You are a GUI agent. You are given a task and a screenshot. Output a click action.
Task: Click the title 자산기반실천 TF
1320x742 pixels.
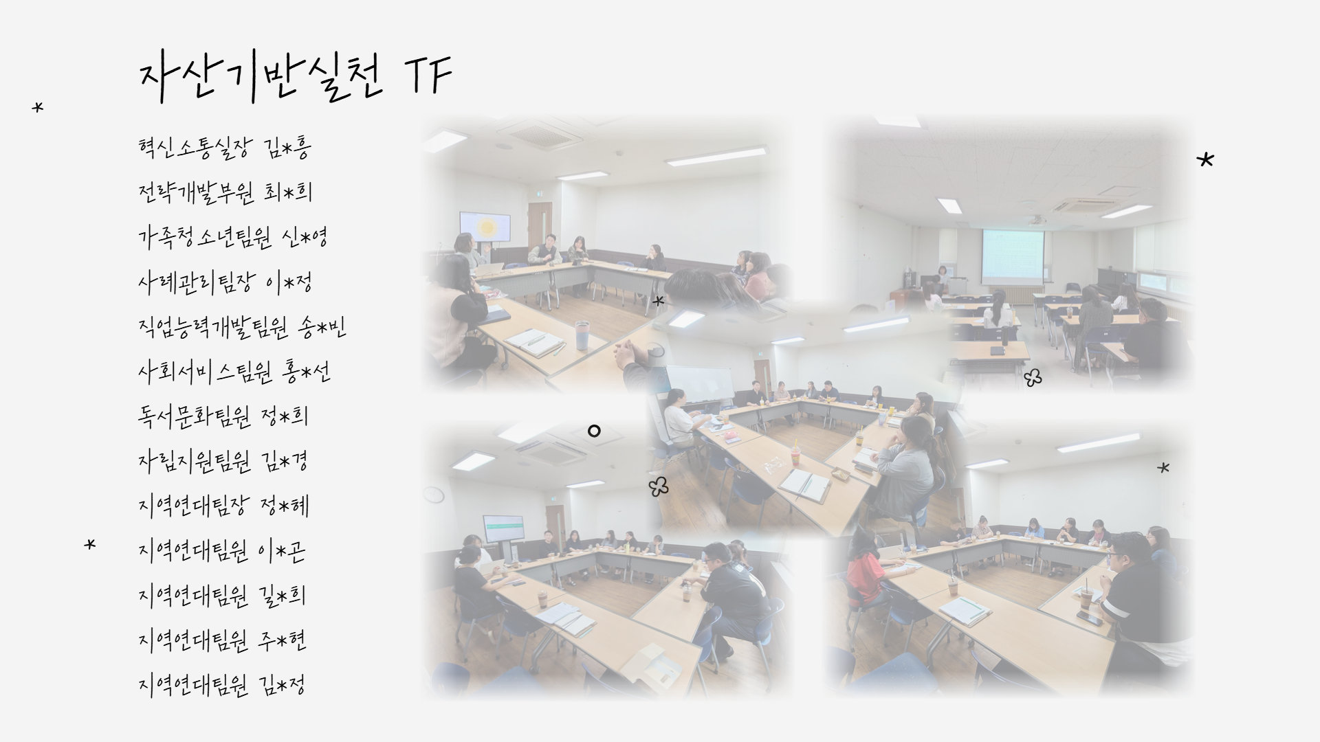296,78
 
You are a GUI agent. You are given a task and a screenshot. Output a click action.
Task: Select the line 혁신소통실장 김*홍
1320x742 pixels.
225,147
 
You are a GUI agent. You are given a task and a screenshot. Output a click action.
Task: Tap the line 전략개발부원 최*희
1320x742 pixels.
225,192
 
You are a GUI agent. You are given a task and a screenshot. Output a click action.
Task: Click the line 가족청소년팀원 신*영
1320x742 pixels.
232,237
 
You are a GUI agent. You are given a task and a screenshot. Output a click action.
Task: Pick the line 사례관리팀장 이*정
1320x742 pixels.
225,282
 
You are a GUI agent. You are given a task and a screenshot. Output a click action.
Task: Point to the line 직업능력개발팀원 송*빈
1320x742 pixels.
242,327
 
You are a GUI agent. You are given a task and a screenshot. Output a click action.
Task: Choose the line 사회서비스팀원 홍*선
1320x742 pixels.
234,372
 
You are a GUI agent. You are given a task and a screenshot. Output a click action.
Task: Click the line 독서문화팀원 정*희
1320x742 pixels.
223,416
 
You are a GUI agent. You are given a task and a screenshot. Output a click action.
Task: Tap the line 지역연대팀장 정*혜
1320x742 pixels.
223,506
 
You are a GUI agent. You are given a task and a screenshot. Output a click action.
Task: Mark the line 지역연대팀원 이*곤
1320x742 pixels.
221,551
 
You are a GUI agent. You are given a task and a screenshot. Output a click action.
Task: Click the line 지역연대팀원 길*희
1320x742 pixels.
221,596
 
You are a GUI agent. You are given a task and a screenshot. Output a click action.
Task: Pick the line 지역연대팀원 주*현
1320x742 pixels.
221,640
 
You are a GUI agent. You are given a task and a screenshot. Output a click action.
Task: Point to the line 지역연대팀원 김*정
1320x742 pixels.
221,685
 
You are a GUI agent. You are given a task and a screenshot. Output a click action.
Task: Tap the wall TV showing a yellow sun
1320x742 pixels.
485,227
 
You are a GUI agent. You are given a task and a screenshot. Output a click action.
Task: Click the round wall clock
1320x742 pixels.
434,494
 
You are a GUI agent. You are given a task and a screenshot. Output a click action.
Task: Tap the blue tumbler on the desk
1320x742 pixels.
582,335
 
